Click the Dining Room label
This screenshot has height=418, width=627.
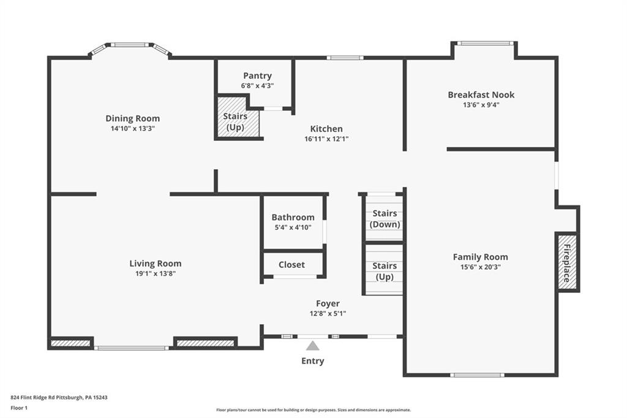pos(132,118)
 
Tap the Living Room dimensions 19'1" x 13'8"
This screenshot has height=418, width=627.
pos(155,273)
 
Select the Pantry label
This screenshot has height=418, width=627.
pos(257,75)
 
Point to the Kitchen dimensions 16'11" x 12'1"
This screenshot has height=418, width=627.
pos(326,139)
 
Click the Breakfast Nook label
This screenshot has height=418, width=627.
pos(481,94)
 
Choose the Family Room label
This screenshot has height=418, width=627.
pos(480,257)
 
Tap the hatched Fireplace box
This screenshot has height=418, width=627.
pos(567,262)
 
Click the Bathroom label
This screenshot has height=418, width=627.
pos(293,217)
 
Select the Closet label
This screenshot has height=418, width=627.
pos(291,265)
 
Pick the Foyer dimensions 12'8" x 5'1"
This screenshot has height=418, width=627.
pos(328,313)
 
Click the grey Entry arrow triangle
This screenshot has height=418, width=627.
pos(313,346)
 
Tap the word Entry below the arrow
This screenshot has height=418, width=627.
pos(312,361)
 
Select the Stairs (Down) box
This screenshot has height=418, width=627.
pos(385,218)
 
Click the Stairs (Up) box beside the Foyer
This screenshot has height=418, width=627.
pos(385,270)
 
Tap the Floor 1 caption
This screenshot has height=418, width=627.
pos(19,407)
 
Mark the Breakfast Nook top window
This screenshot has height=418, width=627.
pos(485,43)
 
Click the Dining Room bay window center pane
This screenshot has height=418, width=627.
pos(129,45)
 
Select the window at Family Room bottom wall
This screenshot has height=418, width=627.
pos(477,374)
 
